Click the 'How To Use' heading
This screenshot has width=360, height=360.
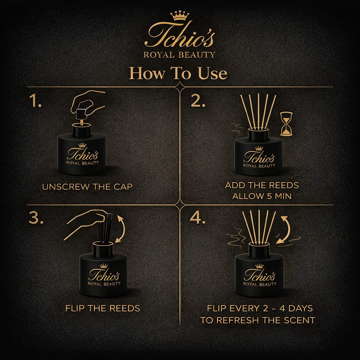point(178,73)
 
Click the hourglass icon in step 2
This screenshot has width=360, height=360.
point(287,124)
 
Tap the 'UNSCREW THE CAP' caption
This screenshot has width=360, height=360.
point(87,187)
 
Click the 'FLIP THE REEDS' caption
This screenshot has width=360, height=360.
point(103,308)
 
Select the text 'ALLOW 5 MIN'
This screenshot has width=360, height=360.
point(262,196)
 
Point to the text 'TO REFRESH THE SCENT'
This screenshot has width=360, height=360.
point(258,320)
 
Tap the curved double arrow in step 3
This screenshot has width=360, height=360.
point(121,229)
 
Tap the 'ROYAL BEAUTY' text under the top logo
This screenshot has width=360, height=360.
point(179,54)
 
